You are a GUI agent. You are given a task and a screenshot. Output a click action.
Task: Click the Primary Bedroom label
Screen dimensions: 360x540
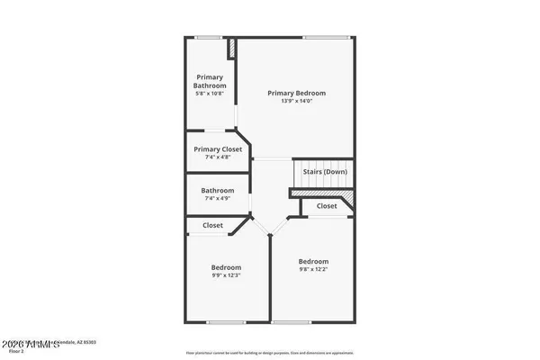tap(296, 93)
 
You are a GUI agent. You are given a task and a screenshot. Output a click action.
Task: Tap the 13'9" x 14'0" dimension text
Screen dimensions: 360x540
tap(296, 101)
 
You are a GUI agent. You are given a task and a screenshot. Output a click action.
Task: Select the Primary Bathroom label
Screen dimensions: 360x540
tap(210, 82)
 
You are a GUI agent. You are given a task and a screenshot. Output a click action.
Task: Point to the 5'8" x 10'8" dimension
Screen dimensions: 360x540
tap(210, 94)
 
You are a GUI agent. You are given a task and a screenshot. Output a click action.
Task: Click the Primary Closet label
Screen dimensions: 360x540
tap(219, 149)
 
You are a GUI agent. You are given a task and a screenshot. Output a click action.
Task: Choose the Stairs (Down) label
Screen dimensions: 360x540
tap(324, 171)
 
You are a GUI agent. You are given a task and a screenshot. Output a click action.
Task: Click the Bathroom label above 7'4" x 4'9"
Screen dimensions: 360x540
tap(218, 190)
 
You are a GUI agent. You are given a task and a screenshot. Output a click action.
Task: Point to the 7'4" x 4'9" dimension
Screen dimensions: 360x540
tap(218, 199)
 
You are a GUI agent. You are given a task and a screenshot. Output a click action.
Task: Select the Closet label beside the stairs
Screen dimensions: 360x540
tap(326, 205)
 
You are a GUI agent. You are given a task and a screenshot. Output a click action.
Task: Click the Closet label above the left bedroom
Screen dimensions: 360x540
tap(213, 225)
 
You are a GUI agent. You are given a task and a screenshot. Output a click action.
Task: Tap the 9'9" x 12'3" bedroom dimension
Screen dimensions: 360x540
tap(226, 275)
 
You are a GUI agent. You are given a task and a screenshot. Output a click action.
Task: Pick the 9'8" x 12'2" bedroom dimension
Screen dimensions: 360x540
tap(313, 269)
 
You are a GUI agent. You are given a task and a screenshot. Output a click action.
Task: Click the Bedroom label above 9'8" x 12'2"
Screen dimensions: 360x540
tap(313, 261)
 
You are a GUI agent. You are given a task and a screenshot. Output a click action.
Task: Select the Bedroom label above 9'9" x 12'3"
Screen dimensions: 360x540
tap(226, 267)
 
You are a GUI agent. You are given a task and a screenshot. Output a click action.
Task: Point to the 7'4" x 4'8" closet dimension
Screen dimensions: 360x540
tap(219, 157)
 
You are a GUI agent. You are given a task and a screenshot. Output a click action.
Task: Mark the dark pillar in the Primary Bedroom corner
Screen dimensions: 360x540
tap(232, 49)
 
